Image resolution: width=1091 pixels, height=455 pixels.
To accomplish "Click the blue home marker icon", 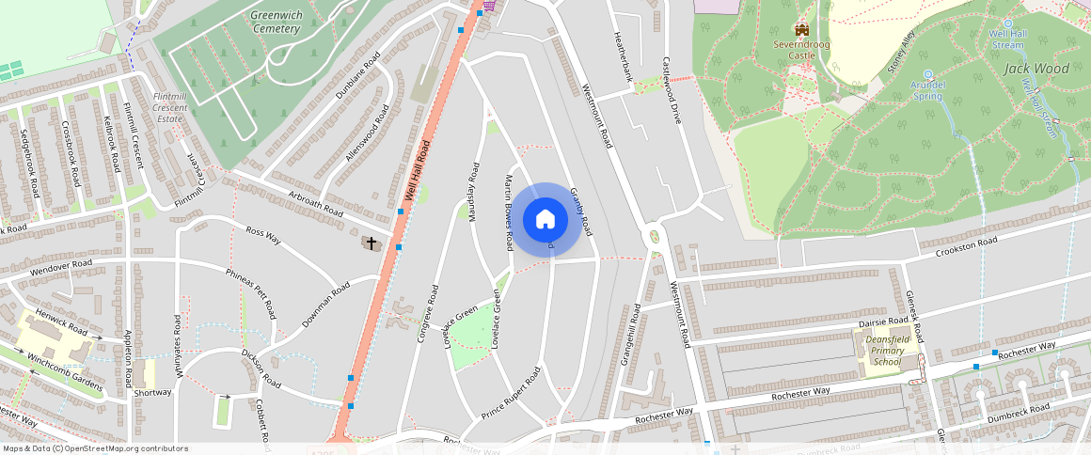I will point(545,219).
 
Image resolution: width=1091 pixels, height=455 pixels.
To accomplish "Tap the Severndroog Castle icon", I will point(801,31).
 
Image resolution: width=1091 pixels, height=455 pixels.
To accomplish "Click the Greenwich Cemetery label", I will point(276,22).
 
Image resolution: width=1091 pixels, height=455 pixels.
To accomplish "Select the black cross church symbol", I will point(372,243).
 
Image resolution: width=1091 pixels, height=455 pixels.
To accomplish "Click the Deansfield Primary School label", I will point(886,351).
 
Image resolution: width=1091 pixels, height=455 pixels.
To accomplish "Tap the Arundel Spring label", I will point(926,89).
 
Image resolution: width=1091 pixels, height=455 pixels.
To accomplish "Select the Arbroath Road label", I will point(315,204).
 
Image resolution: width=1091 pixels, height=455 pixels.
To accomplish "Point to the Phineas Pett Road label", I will point(250,292).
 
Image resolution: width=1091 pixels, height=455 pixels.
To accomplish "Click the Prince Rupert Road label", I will point(512,393).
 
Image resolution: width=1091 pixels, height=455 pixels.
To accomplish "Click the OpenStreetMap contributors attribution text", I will point(94,448).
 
